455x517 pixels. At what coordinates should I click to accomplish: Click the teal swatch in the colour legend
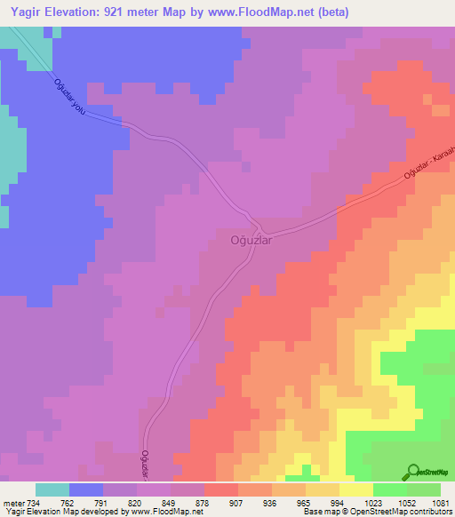tap(52, 489)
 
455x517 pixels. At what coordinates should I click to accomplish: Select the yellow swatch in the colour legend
tap(355, 489)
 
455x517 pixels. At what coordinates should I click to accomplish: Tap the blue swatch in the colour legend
tap(86, 489)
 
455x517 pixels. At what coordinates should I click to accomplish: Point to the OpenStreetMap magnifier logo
tap(414, 472)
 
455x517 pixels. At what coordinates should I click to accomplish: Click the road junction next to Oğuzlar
tap(254, 221)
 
